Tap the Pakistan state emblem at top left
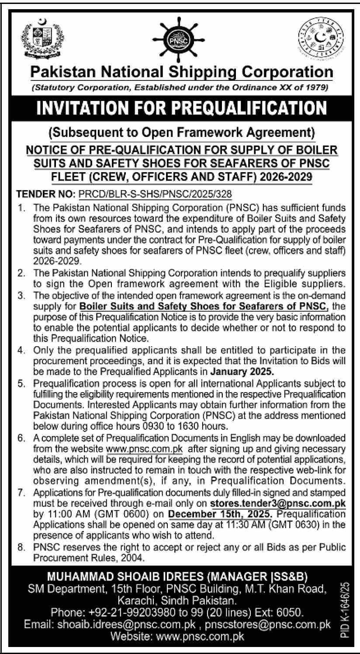pos(42,40)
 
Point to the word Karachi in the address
pos(137,599)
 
